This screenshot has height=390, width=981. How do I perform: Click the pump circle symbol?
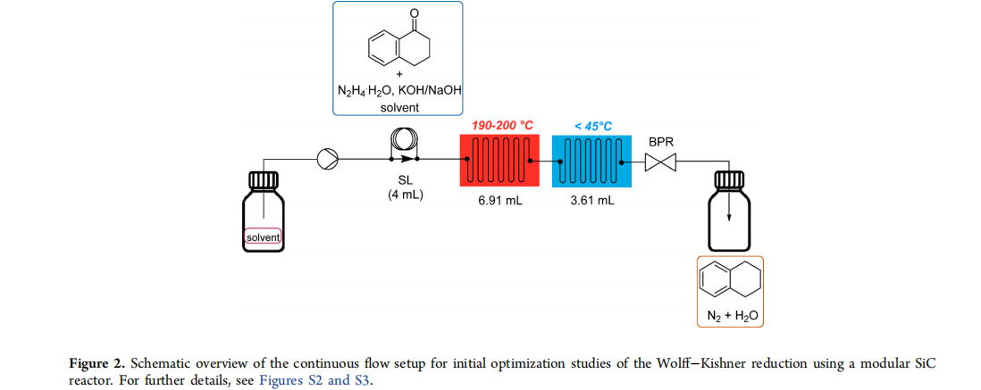coord(327,160)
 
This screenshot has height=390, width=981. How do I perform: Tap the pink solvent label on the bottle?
coord(263,236)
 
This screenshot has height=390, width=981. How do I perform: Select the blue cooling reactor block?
coord(591,160)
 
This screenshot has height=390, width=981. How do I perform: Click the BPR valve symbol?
coord(660,163)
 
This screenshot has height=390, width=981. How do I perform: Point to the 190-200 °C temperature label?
coord(502,126)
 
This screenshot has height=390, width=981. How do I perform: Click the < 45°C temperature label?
coord(593,126)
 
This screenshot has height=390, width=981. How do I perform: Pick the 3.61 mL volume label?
coord(591,201)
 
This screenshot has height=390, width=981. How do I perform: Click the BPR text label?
coord(661,142)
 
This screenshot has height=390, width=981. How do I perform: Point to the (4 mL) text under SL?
coord(405,195)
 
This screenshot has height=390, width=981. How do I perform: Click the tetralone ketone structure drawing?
coord(398,38)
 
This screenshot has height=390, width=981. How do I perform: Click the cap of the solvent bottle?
coord(263,179)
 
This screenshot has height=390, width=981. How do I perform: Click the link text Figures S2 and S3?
coord(314,379)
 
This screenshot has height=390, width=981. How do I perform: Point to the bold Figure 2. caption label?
coord(94,365)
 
